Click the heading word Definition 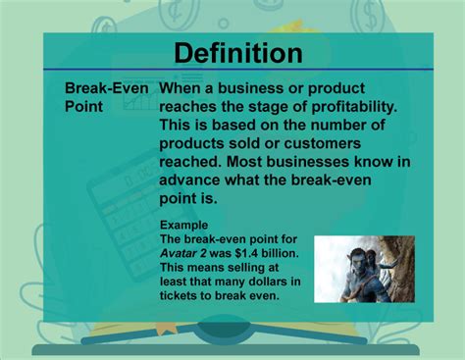237,52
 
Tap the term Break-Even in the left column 107,87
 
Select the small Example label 183,225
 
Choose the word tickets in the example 184,296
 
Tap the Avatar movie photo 363,269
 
